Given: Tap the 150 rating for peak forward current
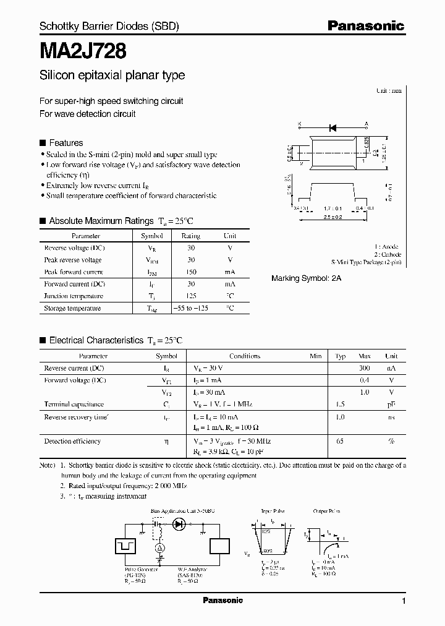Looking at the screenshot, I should coord(190,272).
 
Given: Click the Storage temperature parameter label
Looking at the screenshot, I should coord(72,308).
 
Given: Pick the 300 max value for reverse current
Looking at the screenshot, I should coord(365,368).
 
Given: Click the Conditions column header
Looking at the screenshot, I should coord(245,356).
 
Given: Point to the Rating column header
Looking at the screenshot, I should coord(190,236).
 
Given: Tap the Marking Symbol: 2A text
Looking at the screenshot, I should coord(306,278).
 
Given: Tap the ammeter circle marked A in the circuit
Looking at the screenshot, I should coord(159,548).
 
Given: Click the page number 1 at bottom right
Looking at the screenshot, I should coord(404,601).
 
